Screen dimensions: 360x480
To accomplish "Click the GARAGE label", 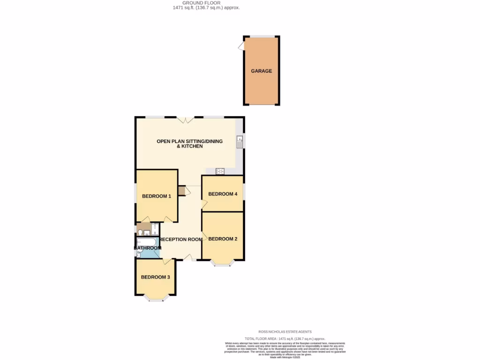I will pyautogui.click(x=261, y=71).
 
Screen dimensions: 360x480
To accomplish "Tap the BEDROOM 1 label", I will pyautogui.click(x=157, y=196).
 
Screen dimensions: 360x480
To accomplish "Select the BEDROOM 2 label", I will pyautogui.click(x=223, y=239).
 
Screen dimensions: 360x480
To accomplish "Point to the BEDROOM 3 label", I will pyautogui.click(x=155, y=277).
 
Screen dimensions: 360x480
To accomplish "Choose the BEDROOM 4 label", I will pyautogui.click(x=223, y=194).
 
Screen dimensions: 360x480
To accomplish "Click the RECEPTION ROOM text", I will pyautogui.click(x=181, y=240).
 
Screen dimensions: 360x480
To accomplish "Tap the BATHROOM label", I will pyautogui.click(x=148, y=248).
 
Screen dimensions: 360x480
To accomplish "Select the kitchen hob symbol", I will pyautogui.click(x=220, y=171).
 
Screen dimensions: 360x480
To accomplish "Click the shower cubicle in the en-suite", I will pyautogui.click(x=155, y=230).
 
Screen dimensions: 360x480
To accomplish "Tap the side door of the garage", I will pyautogui.click(x=241, y=46).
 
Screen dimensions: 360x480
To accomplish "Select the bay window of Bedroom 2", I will pyautogui.click(x=223, y=263).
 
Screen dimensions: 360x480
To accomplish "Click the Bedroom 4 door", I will pyautogui.click(x=204, y=203).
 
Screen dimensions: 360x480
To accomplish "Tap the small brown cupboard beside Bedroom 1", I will pyautogui.click(x=181, y=191).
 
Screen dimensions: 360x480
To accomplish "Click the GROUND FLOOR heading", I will pyautogui.click(x=201, y=3).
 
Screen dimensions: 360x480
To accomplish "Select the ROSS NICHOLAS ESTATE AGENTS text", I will pyautogui.click(x=285, y=331).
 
